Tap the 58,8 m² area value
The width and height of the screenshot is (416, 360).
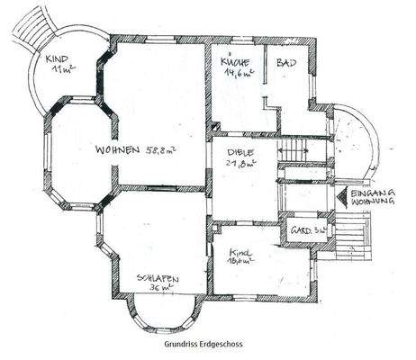click(159, 150)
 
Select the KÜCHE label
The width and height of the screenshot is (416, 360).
click(235, 62)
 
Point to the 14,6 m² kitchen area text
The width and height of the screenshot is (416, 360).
click(240, 76)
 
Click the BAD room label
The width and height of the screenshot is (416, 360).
click(287, 63)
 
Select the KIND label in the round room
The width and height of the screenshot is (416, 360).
click(57, 58)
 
